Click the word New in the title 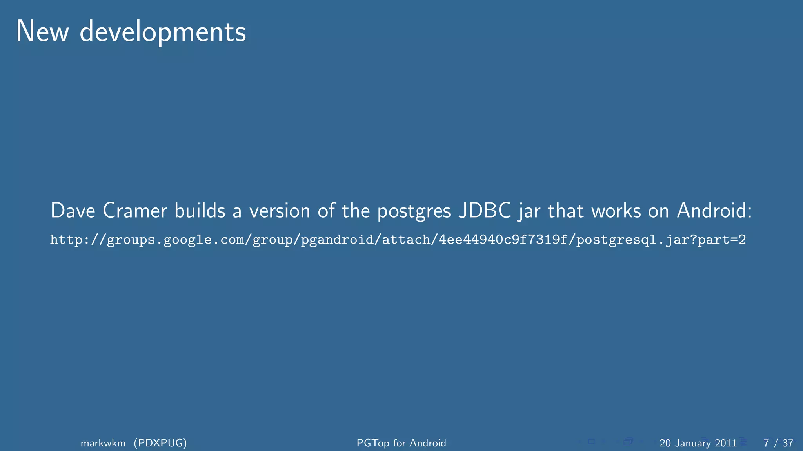pos(42,32)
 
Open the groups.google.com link pos(398,240)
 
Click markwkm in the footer pos(103,443)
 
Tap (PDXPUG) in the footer pos(160,443)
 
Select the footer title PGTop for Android pos(401,443)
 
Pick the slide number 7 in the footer pos(766,443)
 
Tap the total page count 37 pos(788,443)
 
